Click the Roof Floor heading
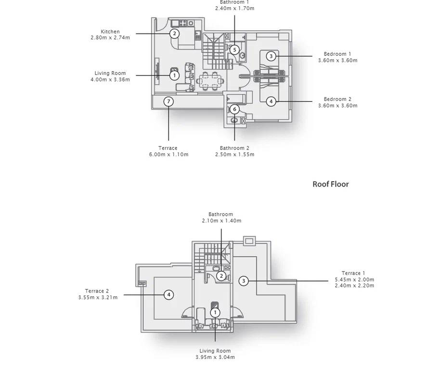331,184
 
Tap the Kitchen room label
110,32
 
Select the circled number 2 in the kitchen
174,34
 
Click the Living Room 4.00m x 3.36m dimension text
110,79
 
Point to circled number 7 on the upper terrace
168,101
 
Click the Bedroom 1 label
337,54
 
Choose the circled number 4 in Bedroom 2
271,101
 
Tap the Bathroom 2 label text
234,148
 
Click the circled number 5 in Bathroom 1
234,50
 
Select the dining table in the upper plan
210,81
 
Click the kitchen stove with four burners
183,23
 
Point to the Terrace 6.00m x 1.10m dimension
169,154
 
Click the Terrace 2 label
97,291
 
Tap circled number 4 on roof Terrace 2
168,295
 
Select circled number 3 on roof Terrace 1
244,281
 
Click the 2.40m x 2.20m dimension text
354,286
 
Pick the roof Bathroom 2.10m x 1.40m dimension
221,221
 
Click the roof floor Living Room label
215,351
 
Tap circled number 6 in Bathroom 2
234,109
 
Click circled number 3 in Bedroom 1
271,56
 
